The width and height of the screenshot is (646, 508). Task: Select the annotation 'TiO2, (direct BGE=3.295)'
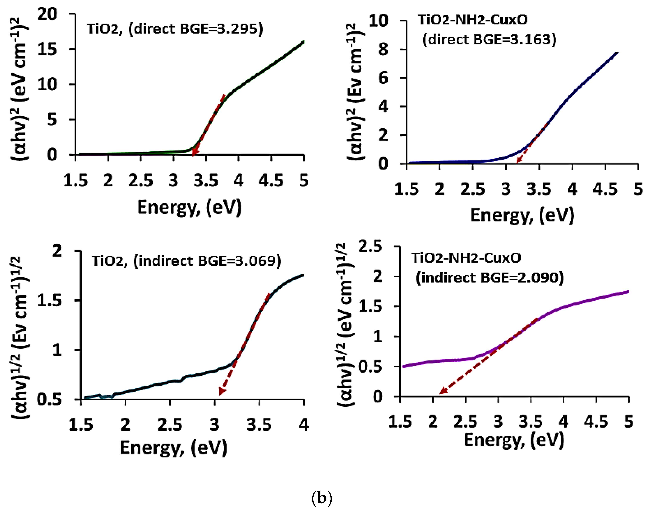pos(175,29)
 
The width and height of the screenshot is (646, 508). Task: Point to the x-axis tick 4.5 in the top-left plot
pos(271,180)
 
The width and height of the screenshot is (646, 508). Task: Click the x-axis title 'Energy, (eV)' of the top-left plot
pos(189,207)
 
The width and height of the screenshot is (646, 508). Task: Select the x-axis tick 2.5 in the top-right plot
pos(472,189)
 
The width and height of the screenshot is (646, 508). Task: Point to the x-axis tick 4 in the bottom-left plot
pos(303,424)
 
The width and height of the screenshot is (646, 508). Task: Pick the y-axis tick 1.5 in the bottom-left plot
pos(49,301)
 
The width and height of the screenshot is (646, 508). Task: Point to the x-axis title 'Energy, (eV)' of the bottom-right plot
pos(514,440)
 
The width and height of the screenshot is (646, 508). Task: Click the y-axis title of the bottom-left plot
pos(21,338)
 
